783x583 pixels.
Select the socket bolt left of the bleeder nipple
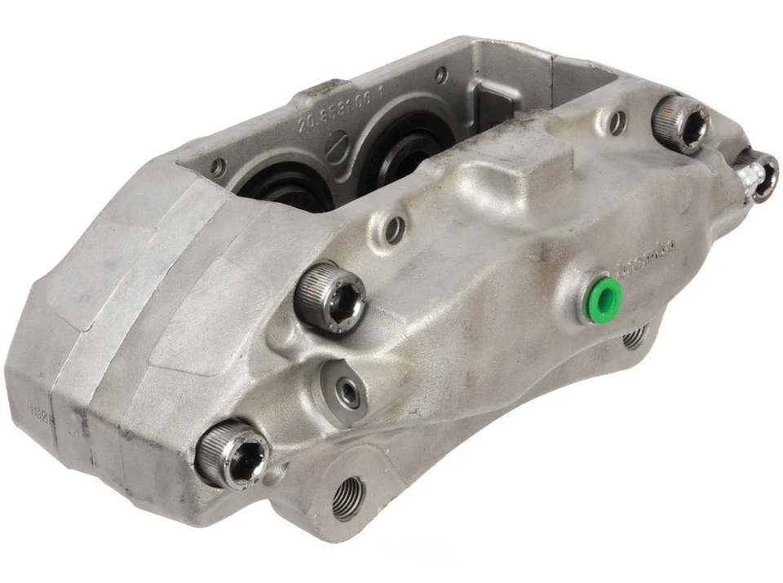click(681, 122)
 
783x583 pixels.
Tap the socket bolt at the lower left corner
click(232, 453)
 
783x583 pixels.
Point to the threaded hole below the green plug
click(635, 337)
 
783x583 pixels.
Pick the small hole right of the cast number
click(440, 75)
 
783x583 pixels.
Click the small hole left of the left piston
click(218, 167)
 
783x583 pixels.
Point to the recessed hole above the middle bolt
click(395, 229)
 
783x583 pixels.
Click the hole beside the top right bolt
click(618, 122)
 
